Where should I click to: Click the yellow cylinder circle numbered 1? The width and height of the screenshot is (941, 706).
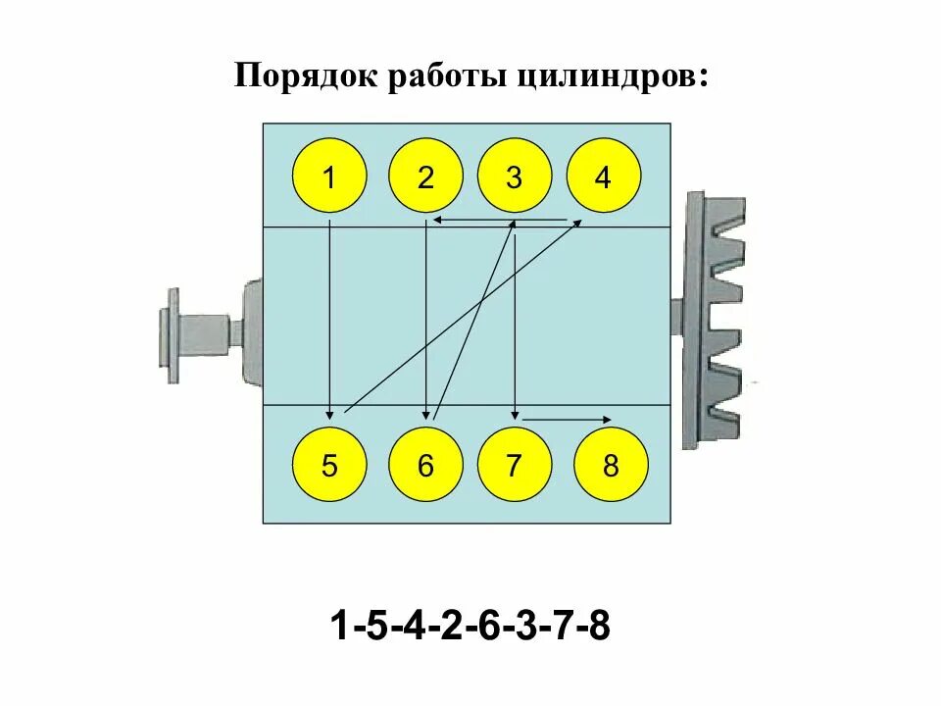329,177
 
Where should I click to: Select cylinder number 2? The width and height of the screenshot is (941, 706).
424,177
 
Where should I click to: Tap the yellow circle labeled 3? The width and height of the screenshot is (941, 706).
514,177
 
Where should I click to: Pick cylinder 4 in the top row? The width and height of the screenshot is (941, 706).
603,177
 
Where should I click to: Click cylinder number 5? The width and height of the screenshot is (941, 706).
329,466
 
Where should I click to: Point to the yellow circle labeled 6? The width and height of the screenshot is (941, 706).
424,466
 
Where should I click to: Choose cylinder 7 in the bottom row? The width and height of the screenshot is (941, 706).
514,466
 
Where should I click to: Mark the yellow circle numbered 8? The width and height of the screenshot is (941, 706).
611,466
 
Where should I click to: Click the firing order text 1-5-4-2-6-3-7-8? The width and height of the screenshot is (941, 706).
470,625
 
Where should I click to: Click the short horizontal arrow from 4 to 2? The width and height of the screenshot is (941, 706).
500,221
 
